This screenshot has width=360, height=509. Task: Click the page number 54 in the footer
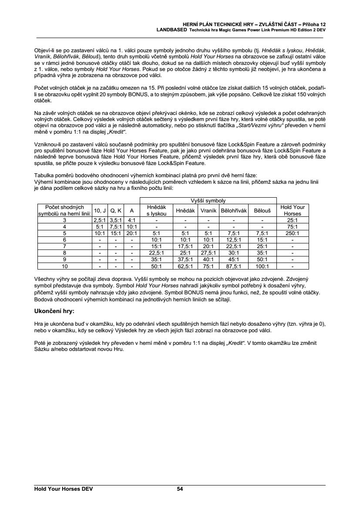pyautogui.click(x=180, y=489)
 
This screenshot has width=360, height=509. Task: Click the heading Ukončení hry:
pyautogui.click(x=54, y=311)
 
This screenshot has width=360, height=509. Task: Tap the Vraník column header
pyautogui.click(x=208, y=210)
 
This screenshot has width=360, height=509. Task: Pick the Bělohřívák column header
pyautogui.click(x=234, y=210)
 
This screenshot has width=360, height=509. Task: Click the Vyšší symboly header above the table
pyautogui.click(x=209, y=200)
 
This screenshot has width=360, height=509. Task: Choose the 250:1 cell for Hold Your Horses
pyautogui.click(x=293, y=233)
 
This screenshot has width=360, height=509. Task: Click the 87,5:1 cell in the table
pyautogui.click(x=234, y=266)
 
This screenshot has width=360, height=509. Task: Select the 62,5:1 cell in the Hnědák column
pyautogui.click(x=185, y=266)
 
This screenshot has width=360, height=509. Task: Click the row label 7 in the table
pyautogui.click(x=64, y=246)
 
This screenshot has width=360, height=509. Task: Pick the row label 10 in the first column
pyautogui.click(x=64, y=266)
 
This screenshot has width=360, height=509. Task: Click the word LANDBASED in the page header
pyautogui.click(x=172, y=30)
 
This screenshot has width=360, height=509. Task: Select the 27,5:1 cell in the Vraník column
pyautogui.click(x=208, y=253)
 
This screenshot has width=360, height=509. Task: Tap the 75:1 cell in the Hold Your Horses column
pyautogui.click(x=293, y=226)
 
